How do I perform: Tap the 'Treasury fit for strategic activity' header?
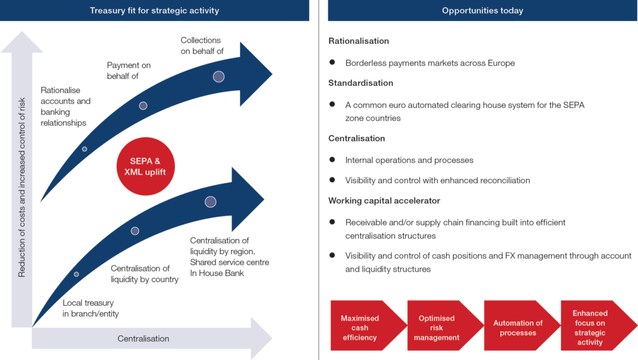coord(155,11)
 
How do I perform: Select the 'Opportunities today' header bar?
coord(482,11)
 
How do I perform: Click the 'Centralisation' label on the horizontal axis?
coord(143,339)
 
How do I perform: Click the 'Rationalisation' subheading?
coord(358,41)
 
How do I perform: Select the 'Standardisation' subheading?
coord(361,83)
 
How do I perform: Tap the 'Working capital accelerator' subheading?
coord(384,201)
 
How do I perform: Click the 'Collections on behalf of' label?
coord(202,45)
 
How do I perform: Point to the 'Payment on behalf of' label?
coord(128,70)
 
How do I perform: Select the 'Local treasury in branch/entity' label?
coord(90,308)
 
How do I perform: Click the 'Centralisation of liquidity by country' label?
coord(145,274)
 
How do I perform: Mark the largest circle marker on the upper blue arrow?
coord(219,77)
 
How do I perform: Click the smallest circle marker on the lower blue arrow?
coord(77,274)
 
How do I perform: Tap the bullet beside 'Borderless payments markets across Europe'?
coord(333,63)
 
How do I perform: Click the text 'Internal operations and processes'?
coord(409,160)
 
